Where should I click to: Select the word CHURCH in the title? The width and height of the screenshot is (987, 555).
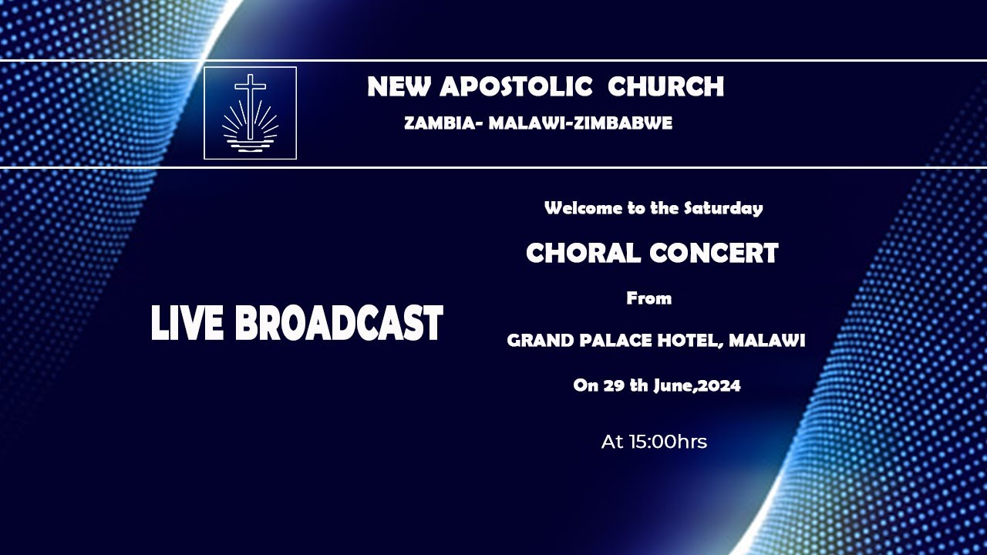click(x=665, y=87)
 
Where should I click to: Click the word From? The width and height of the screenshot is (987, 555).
click(x=648, y=298)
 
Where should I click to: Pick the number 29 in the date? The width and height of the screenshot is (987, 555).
click(x=614, y=386)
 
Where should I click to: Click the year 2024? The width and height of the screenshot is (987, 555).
click(x=720, y=386)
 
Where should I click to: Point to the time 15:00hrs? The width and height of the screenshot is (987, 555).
click(x=654, y=442)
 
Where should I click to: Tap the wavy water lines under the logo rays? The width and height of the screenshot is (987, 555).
click(x=250, y=144)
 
